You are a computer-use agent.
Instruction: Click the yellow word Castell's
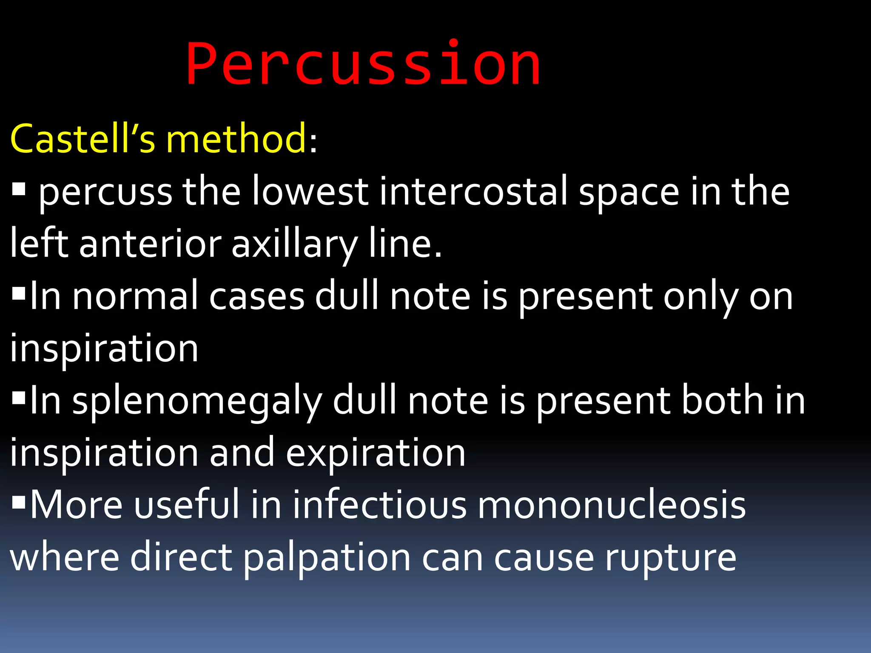coord(83,139)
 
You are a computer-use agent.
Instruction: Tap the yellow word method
coord(236,139)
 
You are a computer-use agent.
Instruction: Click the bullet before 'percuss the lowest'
coord(19,189)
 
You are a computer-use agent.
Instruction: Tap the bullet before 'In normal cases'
coord(19,293)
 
